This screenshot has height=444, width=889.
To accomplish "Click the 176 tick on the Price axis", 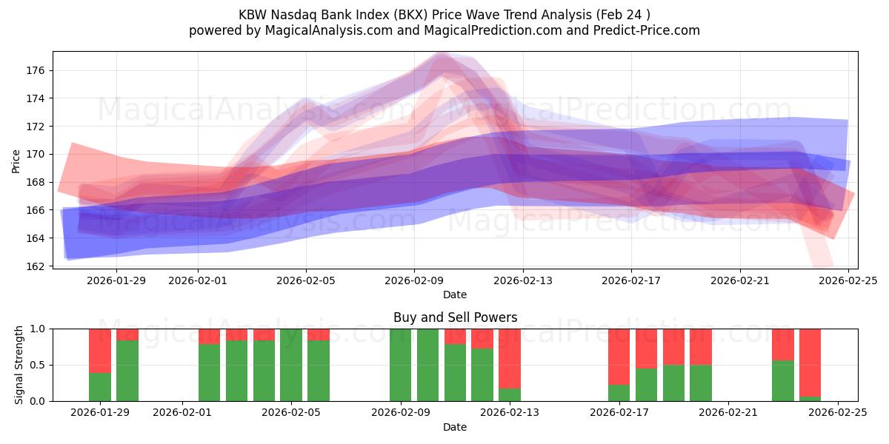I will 36,71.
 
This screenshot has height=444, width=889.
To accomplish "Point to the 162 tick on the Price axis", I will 36,266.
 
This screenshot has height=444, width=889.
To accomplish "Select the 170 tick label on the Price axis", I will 36,155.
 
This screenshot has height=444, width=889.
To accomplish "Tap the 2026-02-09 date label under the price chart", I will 414,280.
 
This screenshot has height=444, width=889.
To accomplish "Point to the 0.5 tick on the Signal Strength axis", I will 37,366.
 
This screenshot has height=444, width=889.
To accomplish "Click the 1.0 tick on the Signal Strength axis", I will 37,329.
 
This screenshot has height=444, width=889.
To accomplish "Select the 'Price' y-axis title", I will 16,160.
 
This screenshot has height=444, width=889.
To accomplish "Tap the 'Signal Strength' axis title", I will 19,365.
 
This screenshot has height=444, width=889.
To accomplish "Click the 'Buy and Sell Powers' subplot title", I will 455,317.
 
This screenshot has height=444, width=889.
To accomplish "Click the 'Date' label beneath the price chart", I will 455,295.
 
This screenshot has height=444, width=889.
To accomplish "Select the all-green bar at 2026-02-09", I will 401,365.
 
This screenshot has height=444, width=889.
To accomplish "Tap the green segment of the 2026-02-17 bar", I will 619,393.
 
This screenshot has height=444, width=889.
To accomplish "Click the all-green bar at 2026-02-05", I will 291,365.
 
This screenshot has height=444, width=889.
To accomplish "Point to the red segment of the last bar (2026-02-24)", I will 810,363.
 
